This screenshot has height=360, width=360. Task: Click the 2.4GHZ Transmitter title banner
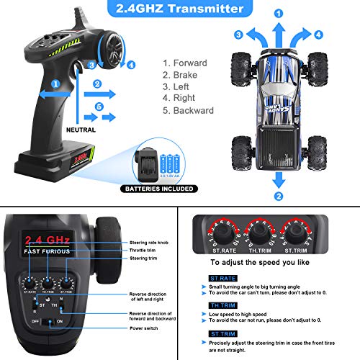(x=179, y=9)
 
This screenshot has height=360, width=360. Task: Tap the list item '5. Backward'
(x=189, y=111)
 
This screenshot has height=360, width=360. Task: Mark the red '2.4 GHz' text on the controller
(x=48, y=240)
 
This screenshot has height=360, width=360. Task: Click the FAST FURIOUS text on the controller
(x=47, y=252)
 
